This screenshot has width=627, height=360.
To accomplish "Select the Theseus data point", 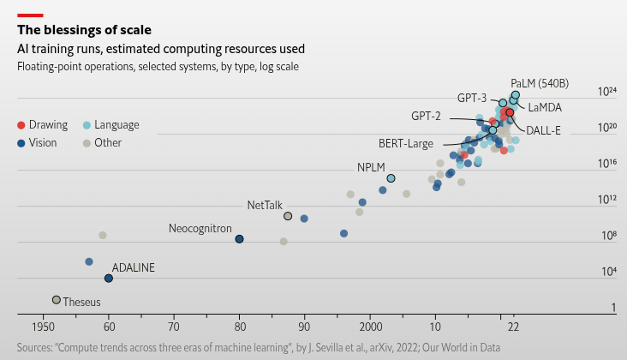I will [57, 300].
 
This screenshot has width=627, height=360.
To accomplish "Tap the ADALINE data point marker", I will [109, 279].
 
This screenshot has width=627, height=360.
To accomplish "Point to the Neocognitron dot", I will [240, 239].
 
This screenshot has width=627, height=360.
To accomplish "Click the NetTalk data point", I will [288, 216].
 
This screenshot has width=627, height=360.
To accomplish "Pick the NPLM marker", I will [391, 178].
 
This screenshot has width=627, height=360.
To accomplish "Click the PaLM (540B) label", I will [540, 83].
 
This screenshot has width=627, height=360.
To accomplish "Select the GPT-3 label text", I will [472, 98].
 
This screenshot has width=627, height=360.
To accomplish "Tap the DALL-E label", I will [543, 130].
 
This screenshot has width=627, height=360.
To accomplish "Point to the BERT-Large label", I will [406, 144].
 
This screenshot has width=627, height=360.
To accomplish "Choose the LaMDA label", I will [545, 108].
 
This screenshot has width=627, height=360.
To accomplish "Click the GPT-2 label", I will [426, 116].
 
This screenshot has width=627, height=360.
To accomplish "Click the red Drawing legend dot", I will [21, 125].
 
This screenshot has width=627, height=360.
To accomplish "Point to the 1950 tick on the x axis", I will [43, 327].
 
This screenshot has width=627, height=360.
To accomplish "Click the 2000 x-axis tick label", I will [370, 327].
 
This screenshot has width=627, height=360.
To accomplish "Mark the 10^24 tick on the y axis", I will [607, 91].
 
